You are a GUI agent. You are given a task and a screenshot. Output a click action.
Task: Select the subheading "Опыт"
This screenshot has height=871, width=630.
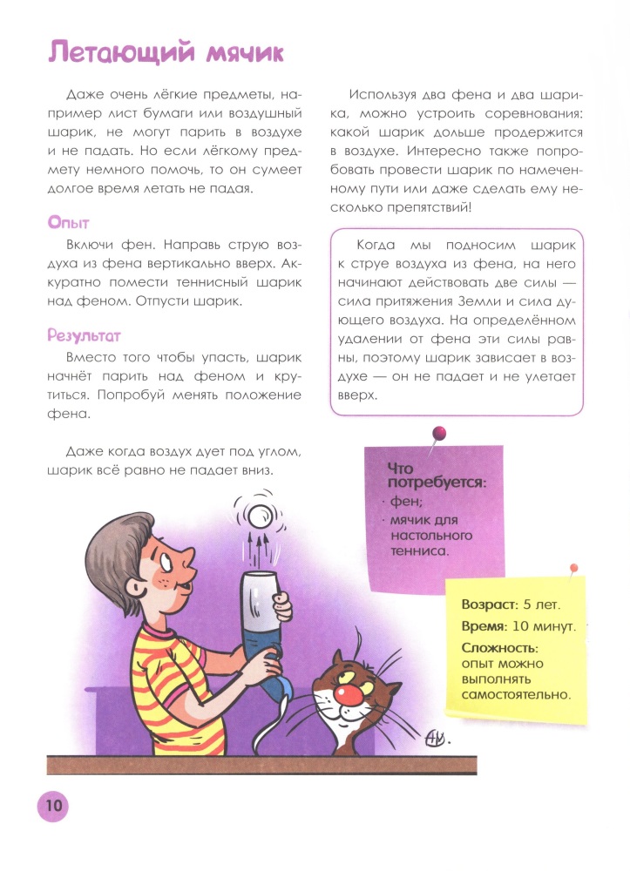click(x=70, y=224)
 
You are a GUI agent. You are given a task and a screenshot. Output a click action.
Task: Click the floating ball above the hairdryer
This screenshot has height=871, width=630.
click(x=259, y=516)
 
